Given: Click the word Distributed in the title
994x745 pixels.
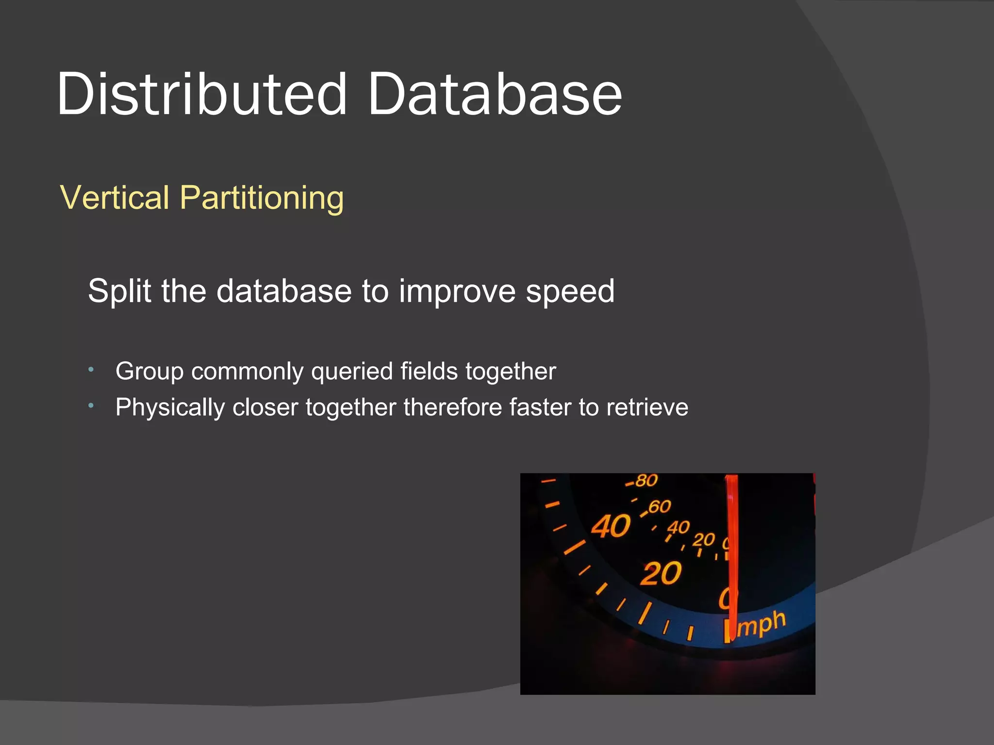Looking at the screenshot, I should coord(201,95).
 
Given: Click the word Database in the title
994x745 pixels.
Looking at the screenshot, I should coord(495,95).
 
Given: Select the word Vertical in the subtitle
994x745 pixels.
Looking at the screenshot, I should coord(115,198).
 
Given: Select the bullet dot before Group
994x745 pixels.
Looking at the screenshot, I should coord(91,370).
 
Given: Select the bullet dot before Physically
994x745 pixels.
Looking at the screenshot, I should coord(91,406).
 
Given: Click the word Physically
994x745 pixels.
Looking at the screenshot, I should coord(170,408).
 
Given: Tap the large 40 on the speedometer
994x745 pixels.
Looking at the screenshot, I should coord(611,526).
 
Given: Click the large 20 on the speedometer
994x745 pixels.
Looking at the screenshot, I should coord(661,574).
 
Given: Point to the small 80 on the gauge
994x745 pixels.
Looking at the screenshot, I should coord(646,481).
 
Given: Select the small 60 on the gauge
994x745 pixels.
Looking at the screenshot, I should coord(659,507).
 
